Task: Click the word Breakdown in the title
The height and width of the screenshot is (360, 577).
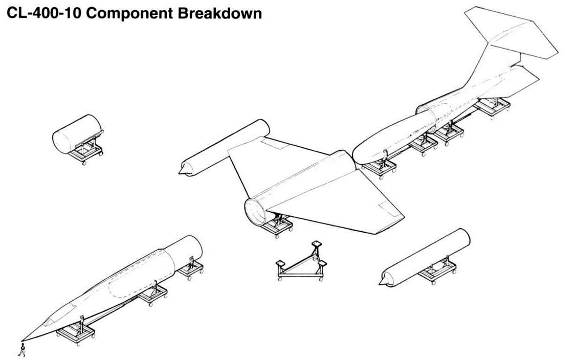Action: tap(220, 13)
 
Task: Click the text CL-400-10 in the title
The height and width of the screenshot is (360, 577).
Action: tap(43, 13)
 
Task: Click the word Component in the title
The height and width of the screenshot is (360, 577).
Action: tap(130, 13)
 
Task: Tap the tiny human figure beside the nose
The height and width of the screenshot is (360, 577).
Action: tap(22, 350)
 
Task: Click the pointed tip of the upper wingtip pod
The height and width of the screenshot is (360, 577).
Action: tap(180, 172)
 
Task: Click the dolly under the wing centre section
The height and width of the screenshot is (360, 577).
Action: tap(276, 227)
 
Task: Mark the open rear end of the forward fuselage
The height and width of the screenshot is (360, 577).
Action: tap(189, 251)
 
